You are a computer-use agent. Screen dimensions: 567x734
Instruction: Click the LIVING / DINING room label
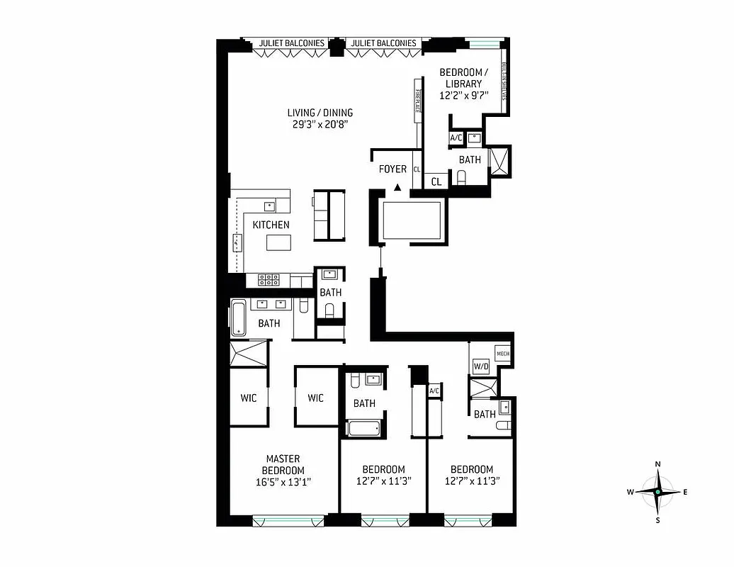click(320, 113)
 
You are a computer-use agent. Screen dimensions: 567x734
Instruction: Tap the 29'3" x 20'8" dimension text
click(320, 124)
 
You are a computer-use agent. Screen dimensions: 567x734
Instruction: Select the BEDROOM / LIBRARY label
click(464, 78)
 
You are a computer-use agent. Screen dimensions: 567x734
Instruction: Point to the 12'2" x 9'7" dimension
click(464, 95)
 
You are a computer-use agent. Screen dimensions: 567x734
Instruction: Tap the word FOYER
click(393, 169)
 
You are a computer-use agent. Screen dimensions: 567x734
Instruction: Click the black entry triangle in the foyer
click(397, 188)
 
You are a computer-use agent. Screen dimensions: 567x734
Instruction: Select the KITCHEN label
click(271, 225)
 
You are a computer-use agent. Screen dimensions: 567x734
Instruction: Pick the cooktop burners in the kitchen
click(269, 280)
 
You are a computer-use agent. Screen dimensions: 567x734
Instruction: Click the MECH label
click(502, 354)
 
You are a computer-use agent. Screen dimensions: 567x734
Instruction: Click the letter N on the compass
click(658, 464)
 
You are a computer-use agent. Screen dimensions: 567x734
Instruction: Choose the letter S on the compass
click(658, 520)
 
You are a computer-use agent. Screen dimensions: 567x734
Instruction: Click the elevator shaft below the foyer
click(411, 220)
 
